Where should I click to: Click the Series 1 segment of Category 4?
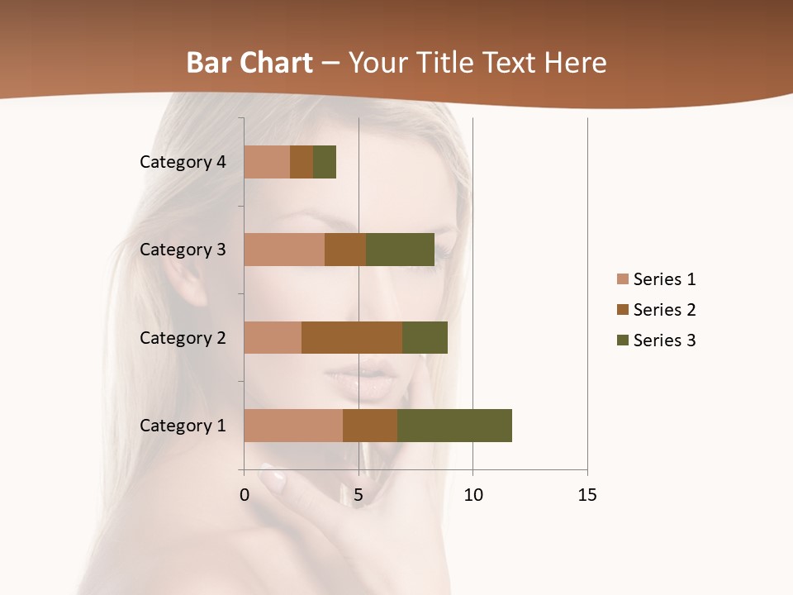click(x=267, y=162)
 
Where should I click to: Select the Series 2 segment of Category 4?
click(x=302, y=162)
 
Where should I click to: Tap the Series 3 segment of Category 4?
click(x=325, y=162)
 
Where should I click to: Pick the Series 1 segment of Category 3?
click(x=284, y=250)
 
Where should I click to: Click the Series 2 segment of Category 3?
click(x=345, y=250)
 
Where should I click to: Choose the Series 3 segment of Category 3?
click(x=400, y=250)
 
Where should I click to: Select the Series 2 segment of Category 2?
click(x=352, y=337)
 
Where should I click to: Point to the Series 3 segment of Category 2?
click(x=425, y=337)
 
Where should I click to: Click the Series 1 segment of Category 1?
click(x=293, y=426)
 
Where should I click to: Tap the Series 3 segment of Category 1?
click(x=454, y=426)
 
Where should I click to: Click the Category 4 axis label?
click(x=183, y=162)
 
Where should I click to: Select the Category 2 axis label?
click(x=183, y=338)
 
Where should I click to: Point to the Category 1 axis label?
click(x=183, y=426)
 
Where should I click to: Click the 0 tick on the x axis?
click(x=245, y=495)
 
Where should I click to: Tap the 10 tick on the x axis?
click(x=472, y=495)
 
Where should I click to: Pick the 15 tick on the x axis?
click(x=587, y=495)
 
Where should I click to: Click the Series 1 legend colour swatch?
click(x=622, y=279)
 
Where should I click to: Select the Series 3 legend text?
click(x=664, y=340)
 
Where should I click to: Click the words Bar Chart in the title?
click(x=249, y=63)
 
